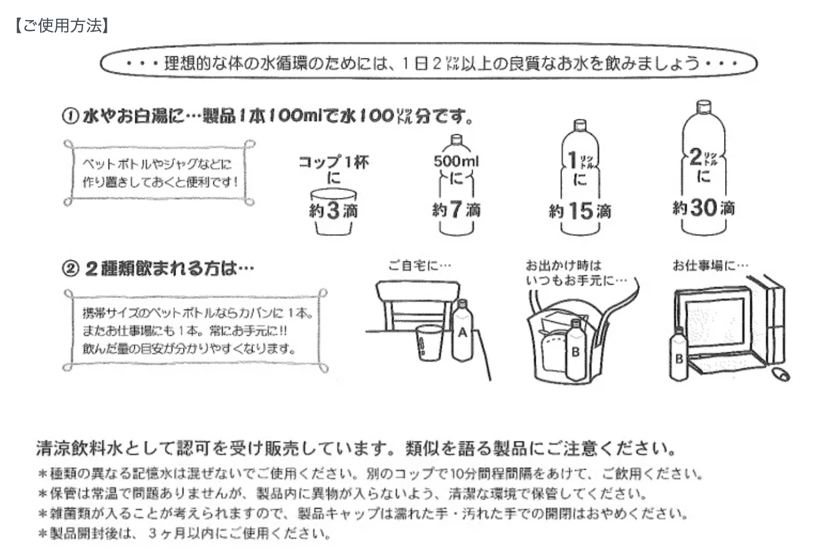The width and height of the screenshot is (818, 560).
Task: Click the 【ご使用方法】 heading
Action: click(62, 26)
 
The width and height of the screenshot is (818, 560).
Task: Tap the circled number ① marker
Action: click(71, 116)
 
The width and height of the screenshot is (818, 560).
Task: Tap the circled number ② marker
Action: click(71, 268)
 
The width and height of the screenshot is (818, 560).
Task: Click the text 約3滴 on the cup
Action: click(333, 211)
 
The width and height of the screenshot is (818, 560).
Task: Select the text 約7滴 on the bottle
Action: click(457, 209)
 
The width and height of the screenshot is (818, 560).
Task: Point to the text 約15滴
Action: click(580, 211)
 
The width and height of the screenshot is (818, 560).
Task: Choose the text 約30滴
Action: click(703, 208)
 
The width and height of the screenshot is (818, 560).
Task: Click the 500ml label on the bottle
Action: click(456, 161)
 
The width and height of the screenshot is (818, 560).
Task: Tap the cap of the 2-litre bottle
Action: click(703, 107)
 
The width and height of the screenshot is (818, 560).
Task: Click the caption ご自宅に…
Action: click(420, 265)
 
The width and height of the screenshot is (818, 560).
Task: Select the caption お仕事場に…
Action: click(710, 265)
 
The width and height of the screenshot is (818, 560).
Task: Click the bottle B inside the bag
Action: click(575, 350)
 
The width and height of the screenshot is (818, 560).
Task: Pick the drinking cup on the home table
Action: click(428, 344)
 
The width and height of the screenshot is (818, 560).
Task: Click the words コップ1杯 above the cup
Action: click(333, 162)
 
